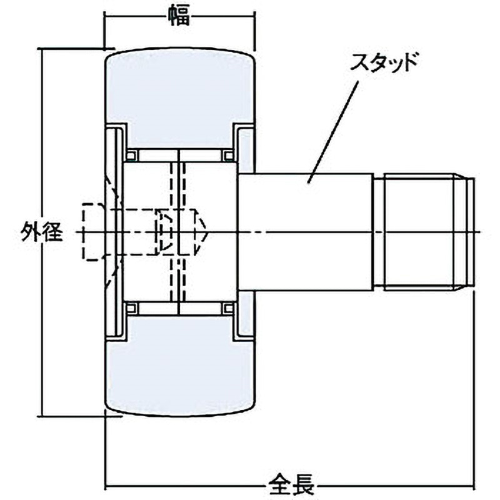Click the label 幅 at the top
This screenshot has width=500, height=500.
pyautogui.click(x=179, y=14)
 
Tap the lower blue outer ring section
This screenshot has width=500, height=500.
pyautogui.click(x=179, y=375)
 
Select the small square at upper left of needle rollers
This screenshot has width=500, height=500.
pyautogui.click(x=131, y=154)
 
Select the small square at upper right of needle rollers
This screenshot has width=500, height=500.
pyautogui.click(x=229, y=154)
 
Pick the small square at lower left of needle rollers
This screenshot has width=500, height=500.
pyautogui.click(x=131, y=308)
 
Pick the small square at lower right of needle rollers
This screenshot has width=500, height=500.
pyautogui.click(x=229, y=308)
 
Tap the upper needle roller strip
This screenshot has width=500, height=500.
pyautogui.click(x=180, y=154)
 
